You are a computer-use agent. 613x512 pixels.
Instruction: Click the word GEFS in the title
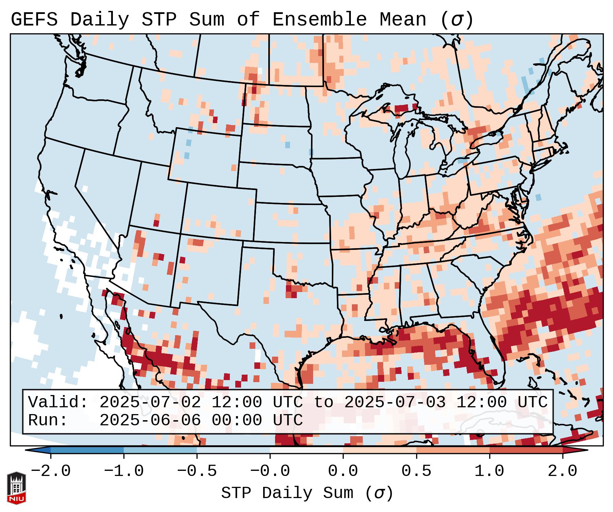[x=34, y=20]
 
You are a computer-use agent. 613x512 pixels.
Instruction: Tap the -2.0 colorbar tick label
[x=51, y=471]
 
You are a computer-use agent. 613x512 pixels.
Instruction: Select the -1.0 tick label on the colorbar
[x=124, y=471]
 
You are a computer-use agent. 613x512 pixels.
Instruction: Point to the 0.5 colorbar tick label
[x=416, y=471]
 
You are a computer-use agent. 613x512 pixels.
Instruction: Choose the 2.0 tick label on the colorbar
[x=563, y=471]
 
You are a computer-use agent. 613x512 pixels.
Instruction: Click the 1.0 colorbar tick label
[x=489, y=471]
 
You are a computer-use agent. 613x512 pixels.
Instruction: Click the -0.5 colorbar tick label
[x=197, y=471]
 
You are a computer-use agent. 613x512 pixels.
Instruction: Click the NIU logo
[x=16, y=488]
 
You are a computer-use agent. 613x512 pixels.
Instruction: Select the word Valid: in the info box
[x=58, y=402]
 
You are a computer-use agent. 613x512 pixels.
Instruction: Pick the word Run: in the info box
[x=48, y=421]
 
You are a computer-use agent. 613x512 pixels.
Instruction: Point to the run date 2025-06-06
[x=150, y=421]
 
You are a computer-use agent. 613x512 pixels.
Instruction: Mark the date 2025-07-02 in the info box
[x=150, y=402]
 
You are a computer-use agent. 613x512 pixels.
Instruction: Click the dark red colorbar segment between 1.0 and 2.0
[x=526, y=450]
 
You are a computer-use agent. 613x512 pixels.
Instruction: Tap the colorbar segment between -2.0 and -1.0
[x=87, y=450]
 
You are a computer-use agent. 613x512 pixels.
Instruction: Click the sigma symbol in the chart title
[x=457, y=20]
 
